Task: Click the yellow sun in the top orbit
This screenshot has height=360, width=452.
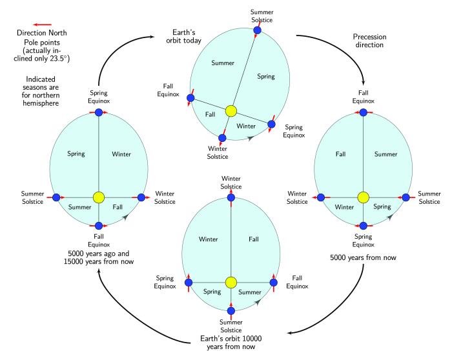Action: [231, 111]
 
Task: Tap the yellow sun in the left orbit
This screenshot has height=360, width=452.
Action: [99, 197]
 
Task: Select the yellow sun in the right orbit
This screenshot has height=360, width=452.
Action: [363, 197]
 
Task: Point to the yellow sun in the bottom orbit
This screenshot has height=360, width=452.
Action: [231, 282]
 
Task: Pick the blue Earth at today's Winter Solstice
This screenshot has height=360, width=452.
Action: [222, 137]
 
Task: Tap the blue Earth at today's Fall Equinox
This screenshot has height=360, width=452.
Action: [190, 99]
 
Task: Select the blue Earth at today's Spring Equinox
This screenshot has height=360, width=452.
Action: [271, 123]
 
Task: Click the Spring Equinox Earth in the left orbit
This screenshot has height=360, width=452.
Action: [99, 112]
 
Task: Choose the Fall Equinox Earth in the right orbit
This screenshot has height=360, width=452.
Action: [363, 112]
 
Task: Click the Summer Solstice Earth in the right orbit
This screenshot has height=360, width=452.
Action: [406, 197]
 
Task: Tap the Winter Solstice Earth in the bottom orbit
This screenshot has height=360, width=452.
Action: [231, 197]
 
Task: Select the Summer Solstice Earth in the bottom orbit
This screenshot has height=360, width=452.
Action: [231, 310]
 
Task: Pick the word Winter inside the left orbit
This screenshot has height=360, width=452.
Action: [121, 154]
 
